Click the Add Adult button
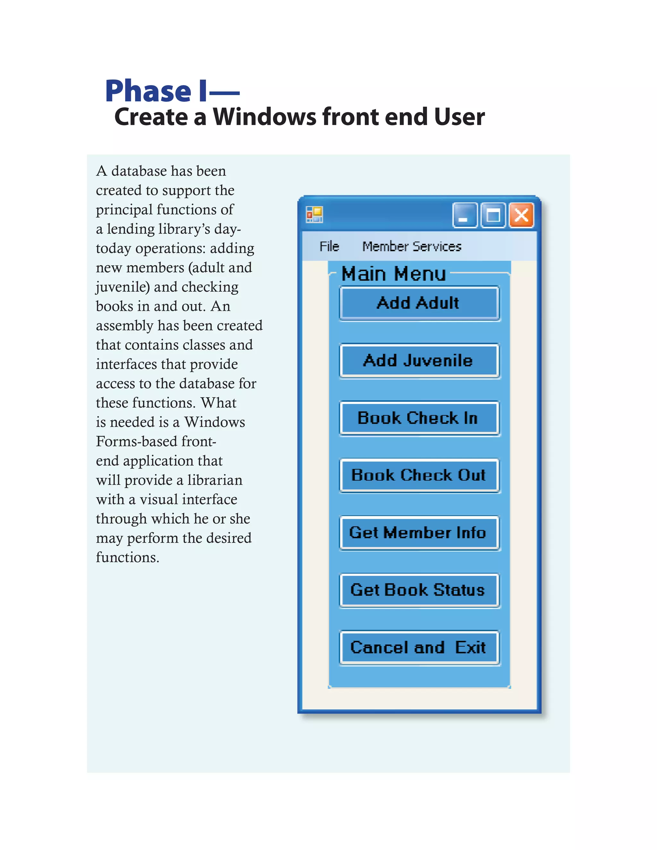pyautogui.click(x=419, y=303)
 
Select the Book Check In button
pyautogui.click(x=419, y=418)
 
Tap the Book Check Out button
pyautogui.click(x=419, y=475)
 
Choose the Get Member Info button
pyautogui.click(x=419, y=533)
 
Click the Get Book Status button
pyautogui.click(x=419, y=590)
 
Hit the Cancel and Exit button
pyautogui.click(x=419, y=648)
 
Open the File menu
pyautogui.click(x=329, y=246)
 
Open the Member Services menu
pyautogui.click(x=412, y=246)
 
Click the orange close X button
pyautogui.click(x=521, y=215)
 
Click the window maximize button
pyautogui.click(x=493, y=215)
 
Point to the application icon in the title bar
pyautogui.click(x=314, y=215)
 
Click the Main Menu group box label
pyautogui.click(x=393, y=274)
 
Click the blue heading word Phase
pyautogui.click(x=148, y=91)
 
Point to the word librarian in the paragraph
pyautogui.click(x=215, y=480)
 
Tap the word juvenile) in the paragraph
pyautogui.click(x=123, y=287)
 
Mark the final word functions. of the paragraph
pyautogui.click(x=127, y=557)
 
